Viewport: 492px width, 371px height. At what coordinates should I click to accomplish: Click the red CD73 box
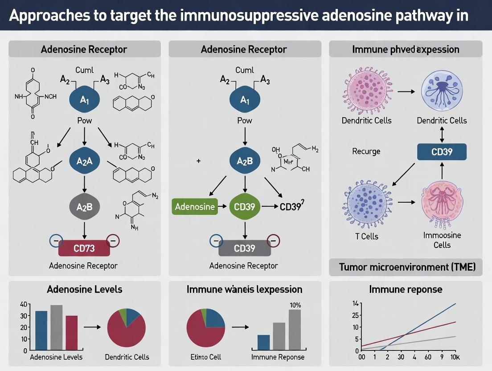pos(84,247)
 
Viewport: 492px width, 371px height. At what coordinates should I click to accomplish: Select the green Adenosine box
pos(195,206)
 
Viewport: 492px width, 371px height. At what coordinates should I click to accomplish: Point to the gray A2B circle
pos(84,206)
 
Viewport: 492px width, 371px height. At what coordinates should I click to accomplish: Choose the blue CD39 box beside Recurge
pos(442,152)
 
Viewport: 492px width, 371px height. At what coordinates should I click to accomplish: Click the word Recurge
pos(366,151)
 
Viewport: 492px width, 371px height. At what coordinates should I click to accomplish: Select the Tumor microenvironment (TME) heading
pos(407,267)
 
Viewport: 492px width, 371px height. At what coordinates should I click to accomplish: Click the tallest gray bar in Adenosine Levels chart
pos(56,327)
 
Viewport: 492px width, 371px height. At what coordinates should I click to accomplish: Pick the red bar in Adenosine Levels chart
pos(71,333)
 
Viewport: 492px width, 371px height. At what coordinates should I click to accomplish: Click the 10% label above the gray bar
pos(295,305)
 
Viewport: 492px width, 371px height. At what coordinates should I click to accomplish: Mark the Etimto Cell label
pos(206,357)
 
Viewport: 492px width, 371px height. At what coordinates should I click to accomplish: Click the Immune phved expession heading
pos(406,49)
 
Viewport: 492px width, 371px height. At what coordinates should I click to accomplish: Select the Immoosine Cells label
pos(442,240)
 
